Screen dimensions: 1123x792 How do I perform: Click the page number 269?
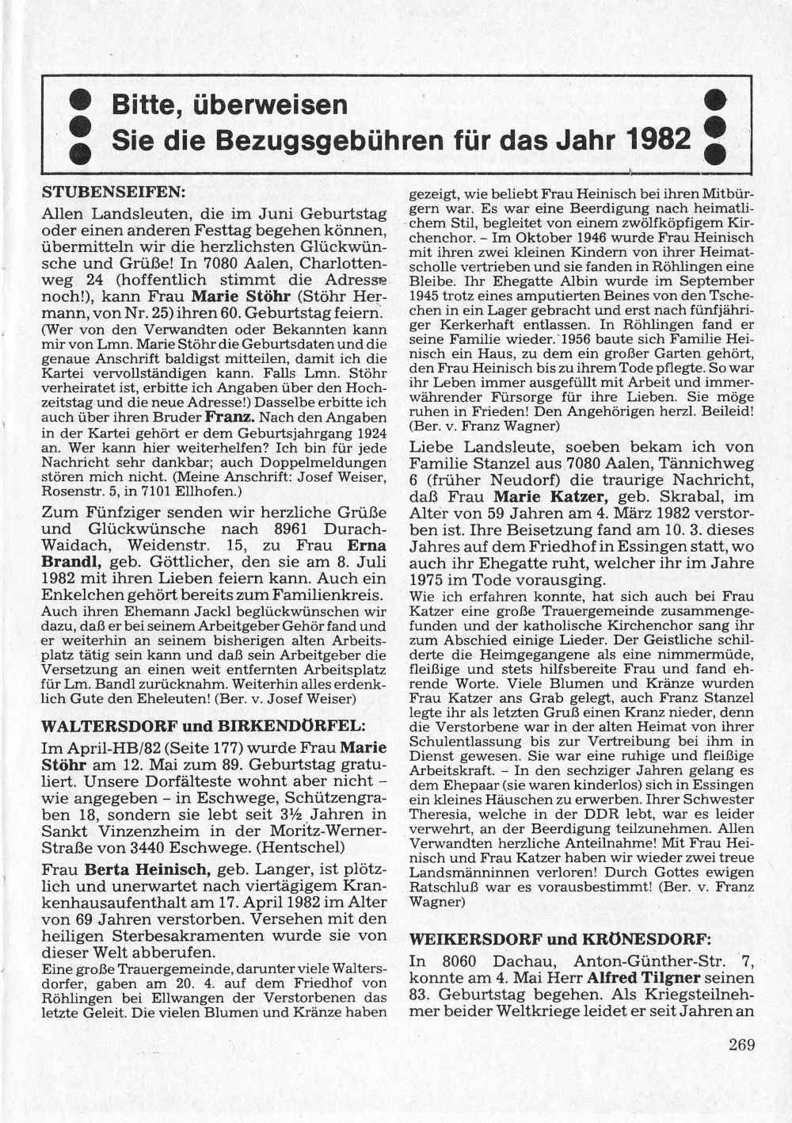coord(741,1044)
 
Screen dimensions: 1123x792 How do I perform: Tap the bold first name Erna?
coord(367,545)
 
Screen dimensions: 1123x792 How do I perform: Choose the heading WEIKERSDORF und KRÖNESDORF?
coord(559,939)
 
